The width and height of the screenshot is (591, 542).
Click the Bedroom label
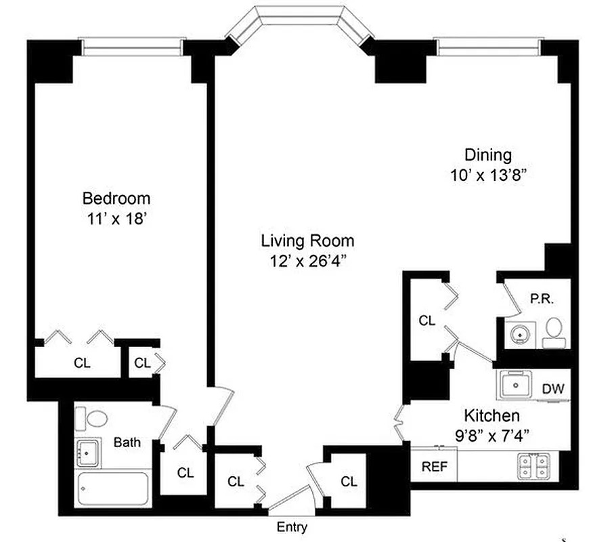[x=116, y=199]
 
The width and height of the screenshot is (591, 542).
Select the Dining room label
[x=487, y=154]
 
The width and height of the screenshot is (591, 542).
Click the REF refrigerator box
[x=433, y=466]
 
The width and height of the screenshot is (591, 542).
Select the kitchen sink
[x=517, y=386]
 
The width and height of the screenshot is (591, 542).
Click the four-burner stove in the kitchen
[x=534, y=466]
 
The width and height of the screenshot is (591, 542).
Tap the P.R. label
[x=543, y=298]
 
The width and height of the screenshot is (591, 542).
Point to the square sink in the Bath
[x=88, y=451]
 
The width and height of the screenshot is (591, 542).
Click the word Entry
[x=292, y=527]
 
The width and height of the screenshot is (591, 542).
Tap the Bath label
[x=127, y=443]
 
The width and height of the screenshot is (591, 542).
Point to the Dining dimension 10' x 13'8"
[x=487, y=174]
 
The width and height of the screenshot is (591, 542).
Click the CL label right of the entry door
[x=349, y=482]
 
